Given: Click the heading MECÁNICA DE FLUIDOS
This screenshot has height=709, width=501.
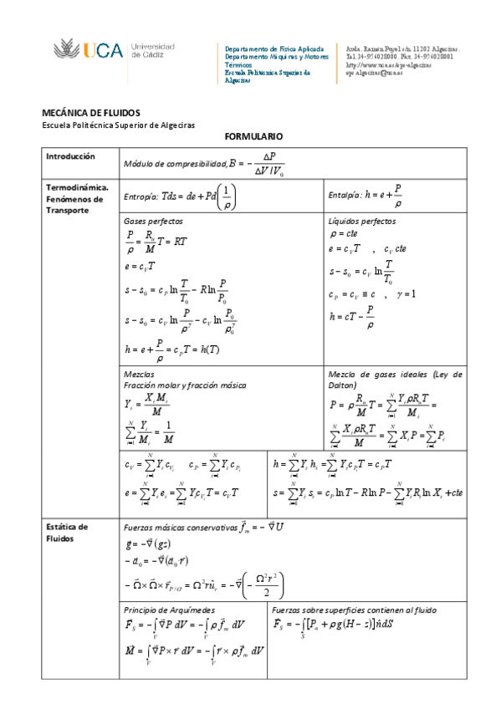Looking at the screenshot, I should tap(91, 113).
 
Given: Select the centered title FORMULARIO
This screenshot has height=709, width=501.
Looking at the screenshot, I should tap(254, 135).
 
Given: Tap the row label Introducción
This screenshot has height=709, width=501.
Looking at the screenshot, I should tap(70, 156).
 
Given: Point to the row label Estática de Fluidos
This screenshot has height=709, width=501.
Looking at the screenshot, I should tap(67, 533).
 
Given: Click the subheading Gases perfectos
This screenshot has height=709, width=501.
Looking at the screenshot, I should tap(153, 222).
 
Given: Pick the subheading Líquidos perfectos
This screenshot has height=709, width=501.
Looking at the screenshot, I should tap(363, 222).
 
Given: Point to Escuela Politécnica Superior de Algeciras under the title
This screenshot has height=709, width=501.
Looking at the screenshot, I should tap(118, 125).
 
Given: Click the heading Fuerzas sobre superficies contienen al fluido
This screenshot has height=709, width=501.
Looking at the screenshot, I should tap(354, 610).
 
